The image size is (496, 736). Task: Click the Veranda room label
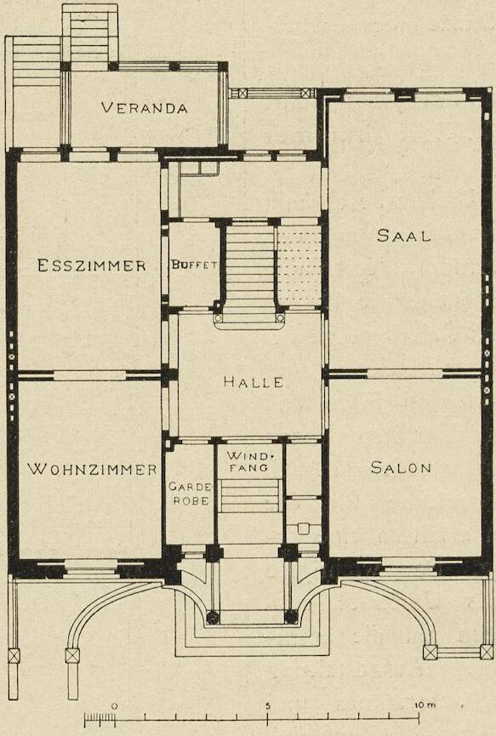click(x=144, y=108)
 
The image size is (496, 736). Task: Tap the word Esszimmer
click(x=92, y=265)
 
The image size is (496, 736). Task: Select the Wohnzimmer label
click(x=92, y=469)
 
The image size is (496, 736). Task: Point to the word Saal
click(x=403, y=235)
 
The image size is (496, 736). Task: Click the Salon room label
click(x=401, y=467)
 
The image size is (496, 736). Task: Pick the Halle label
click(x=254, y=381)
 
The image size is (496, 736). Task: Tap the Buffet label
click(x=194, y=265)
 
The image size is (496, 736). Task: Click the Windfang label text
click(x=248, y=461)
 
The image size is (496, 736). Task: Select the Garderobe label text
click(x=189, y=494)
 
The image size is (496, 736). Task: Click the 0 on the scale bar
click(x=113, y=705)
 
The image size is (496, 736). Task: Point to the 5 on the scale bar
click(x=268, y=705)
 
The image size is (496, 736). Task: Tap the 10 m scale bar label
click(x=425, y=705)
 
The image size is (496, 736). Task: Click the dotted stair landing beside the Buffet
click(x=299, y=265)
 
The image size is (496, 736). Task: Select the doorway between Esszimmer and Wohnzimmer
click(x=89, y=375)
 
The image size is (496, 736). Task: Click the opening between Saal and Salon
click(x=405, y=374)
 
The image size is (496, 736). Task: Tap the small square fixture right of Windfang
click(x=303, y=528)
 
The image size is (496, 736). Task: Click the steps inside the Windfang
click(x=250, y=496)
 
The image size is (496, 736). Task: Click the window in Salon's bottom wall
click(x=408, y=566)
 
